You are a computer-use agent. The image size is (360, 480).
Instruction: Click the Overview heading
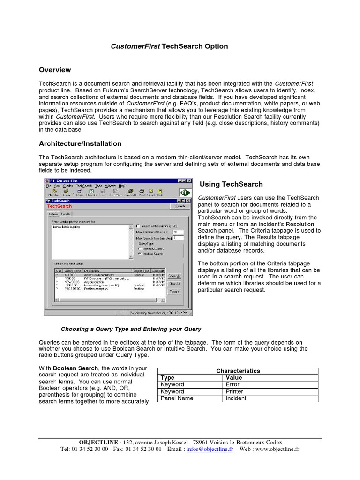click(55, 70)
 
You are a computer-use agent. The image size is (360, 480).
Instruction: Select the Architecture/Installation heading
click(80, 143)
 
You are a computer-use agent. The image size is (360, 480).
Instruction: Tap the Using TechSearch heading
click(231, 184)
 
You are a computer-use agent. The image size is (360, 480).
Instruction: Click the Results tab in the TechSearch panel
click(66, 214)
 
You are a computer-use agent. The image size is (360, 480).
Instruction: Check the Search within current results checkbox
click(138, 226)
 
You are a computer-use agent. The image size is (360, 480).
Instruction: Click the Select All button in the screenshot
click(174, 276)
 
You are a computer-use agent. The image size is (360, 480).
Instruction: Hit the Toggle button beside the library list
click(174, 291)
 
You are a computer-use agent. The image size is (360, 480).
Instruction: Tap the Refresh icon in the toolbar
click(91, 193)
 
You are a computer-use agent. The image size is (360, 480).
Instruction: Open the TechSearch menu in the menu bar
click(84, 186)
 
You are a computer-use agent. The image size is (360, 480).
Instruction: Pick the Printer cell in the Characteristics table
click(234, 391)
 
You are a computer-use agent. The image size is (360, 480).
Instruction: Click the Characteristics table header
click(238, 371)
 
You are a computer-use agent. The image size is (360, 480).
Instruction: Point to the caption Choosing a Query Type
click(131, 329)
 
